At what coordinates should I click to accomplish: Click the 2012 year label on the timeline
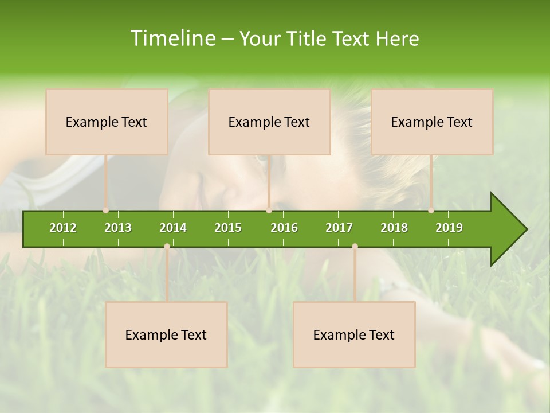pos(63,228)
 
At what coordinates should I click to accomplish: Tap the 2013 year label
pos(118,228)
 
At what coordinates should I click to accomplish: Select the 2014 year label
pos(173,228)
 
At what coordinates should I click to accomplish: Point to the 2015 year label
pos(228,228)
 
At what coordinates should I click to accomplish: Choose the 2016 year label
pos(284,228)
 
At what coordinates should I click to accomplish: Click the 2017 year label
pos(339,228)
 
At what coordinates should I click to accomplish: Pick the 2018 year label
pos(394,228)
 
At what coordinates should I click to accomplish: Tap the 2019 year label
pos(449,228)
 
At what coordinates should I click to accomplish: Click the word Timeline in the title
pos(172,38)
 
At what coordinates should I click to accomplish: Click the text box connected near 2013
pos(107,122)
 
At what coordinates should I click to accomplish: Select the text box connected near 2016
pos(269,122)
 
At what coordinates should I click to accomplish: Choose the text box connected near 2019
pos(432,122)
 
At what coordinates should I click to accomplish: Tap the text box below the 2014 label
pos(166,334)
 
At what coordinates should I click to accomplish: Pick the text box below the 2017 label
pos(354,334)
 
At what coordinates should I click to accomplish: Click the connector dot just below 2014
pos(167,246)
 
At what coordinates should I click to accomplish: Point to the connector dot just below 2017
pos(355,246)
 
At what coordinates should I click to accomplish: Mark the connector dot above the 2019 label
pos(431,211)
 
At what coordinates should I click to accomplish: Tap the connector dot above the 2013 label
pos(105,211)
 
